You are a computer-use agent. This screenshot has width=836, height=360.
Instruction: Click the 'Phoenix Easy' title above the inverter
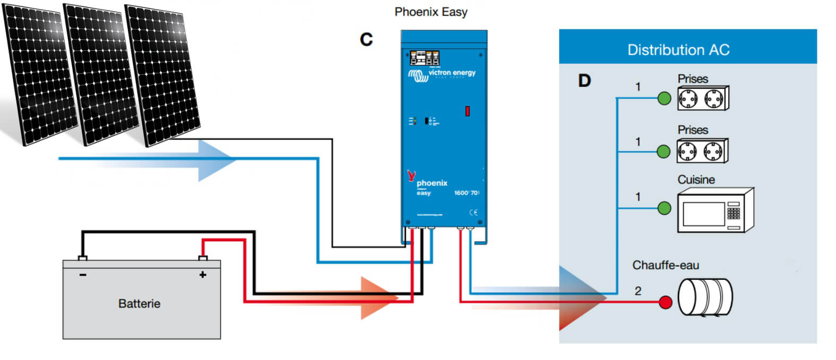click(431, 12)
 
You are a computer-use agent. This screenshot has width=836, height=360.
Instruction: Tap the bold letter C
click(366, 39)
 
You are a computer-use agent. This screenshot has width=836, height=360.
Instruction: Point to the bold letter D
click(584, 81)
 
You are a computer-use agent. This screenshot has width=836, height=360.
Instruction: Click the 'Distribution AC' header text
click(678, 50)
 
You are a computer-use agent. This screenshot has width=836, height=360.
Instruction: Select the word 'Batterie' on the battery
click(139, 304)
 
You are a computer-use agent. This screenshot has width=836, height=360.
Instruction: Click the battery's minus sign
click(83, 275)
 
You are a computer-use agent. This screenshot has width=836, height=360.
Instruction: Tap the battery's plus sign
click(203, 275)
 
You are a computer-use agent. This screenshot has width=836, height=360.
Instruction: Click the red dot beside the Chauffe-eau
click(665, 303)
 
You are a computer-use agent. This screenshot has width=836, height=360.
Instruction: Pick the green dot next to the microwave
click(664, 208)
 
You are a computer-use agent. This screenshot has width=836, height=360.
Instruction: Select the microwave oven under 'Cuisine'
click(715, 210)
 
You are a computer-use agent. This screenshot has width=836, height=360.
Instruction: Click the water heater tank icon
click(705, 297)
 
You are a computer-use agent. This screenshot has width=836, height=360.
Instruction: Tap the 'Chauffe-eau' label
click(665, 265)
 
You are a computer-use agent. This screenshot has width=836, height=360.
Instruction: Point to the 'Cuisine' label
click(696, 180)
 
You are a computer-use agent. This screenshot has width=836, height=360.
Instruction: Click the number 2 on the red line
click(638, 291)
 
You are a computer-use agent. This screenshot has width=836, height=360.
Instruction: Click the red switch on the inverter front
click(467, 111)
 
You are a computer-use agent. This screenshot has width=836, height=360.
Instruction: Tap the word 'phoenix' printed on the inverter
click(432, 183)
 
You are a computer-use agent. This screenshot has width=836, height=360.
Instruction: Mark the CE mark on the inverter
click(473, 213)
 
